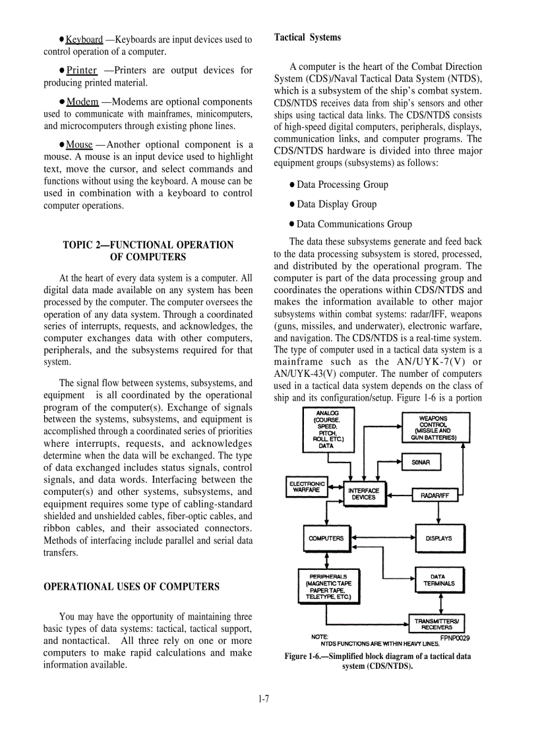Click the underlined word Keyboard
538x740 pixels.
tap(84, 40)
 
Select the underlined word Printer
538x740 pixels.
tap(82, 71)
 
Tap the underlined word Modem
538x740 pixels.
tap(82, 102)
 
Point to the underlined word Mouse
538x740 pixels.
tap(80, 145)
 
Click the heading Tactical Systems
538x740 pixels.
tap(307, 38)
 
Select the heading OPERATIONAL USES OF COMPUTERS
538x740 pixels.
tap(131, 586)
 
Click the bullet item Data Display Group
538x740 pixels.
tap(336, 204)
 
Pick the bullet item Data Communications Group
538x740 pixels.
tap(354, 224)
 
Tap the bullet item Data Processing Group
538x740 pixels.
tap(342, 185)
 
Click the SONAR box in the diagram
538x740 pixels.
tap(421, 463)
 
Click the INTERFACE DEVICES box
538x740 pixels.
tap(363, 494)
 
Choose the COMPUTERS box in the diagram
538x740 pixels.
tap(326, 538)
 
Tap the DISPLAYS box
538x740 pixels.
tap(438, 538)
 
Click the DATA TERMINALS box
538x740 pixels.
tap(438, 580)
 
